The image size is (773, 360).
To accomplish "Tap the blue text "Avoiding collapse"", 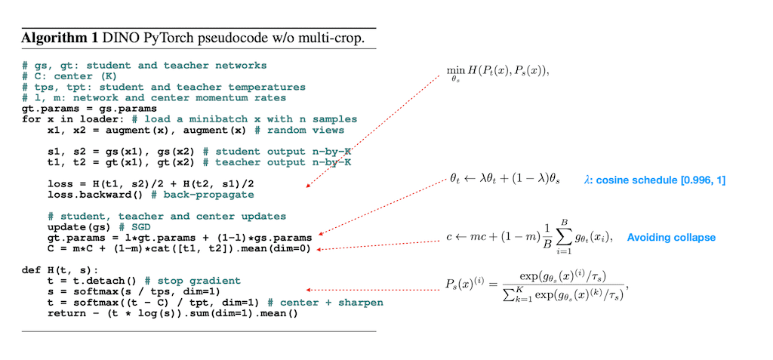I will pos(671,237).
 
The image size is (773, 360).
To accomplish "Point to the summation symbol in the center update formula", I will pos(562,237).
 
